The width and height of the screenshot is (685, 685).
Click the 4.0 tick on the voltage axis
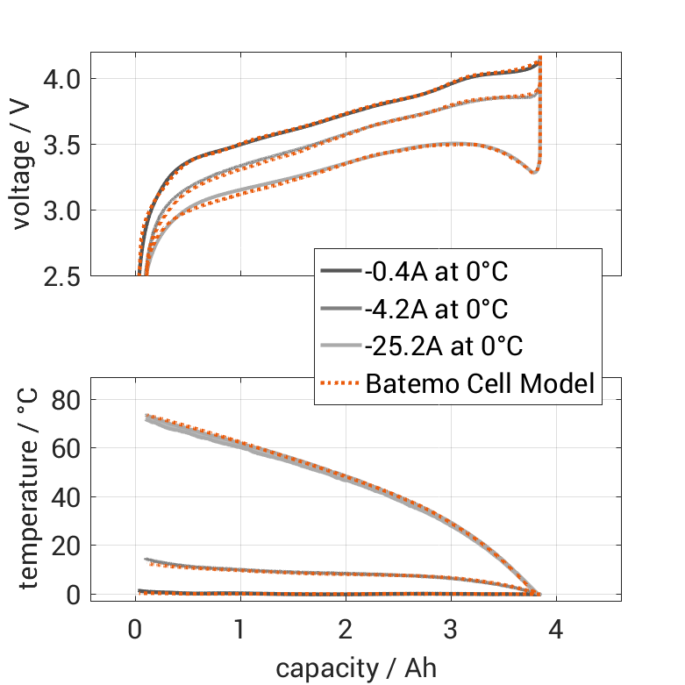click(x=64, y=79)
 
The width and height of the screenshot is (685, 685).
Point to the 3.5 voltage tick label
click(x=64, y=145)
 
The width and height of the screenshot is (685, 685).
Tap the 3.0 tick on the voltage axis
click(x=64, y=210)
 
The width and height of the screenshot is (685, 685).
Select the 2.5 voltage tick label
click(x=64, y=276)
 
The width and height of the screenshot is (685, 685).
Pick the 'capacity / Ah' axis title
click(x=355, y=668)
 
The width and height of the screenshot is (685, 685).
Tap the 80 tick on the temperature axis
click(x=69, y=399)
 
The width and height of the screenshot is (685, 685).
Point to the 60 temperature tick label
click(x=69, y=448)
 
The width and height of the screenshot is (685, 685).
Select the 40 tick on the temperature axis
click(x=69, y=496)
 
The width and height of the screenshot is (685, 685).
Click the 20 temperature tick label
click(x=69, y=546)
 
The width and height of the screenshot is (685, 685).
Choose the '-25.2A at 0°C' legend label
click(x=444, y=346)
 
